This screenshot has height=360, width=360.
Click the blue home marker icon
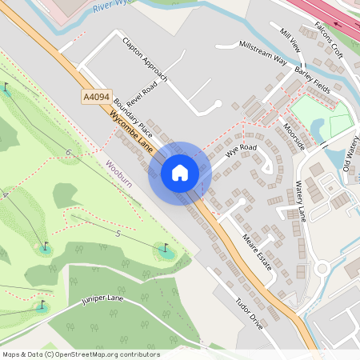[180, 172]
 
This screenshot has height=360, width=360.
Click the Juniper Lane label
[102, 301]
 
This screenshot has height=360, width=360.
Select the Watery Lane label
[302, 201]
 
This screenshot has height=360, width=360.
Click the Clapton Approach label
[145, 59]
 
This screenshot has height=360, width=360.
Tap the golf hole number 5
[118, 234]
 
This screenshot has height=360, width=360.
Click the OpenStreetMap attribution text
[81, 354]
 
